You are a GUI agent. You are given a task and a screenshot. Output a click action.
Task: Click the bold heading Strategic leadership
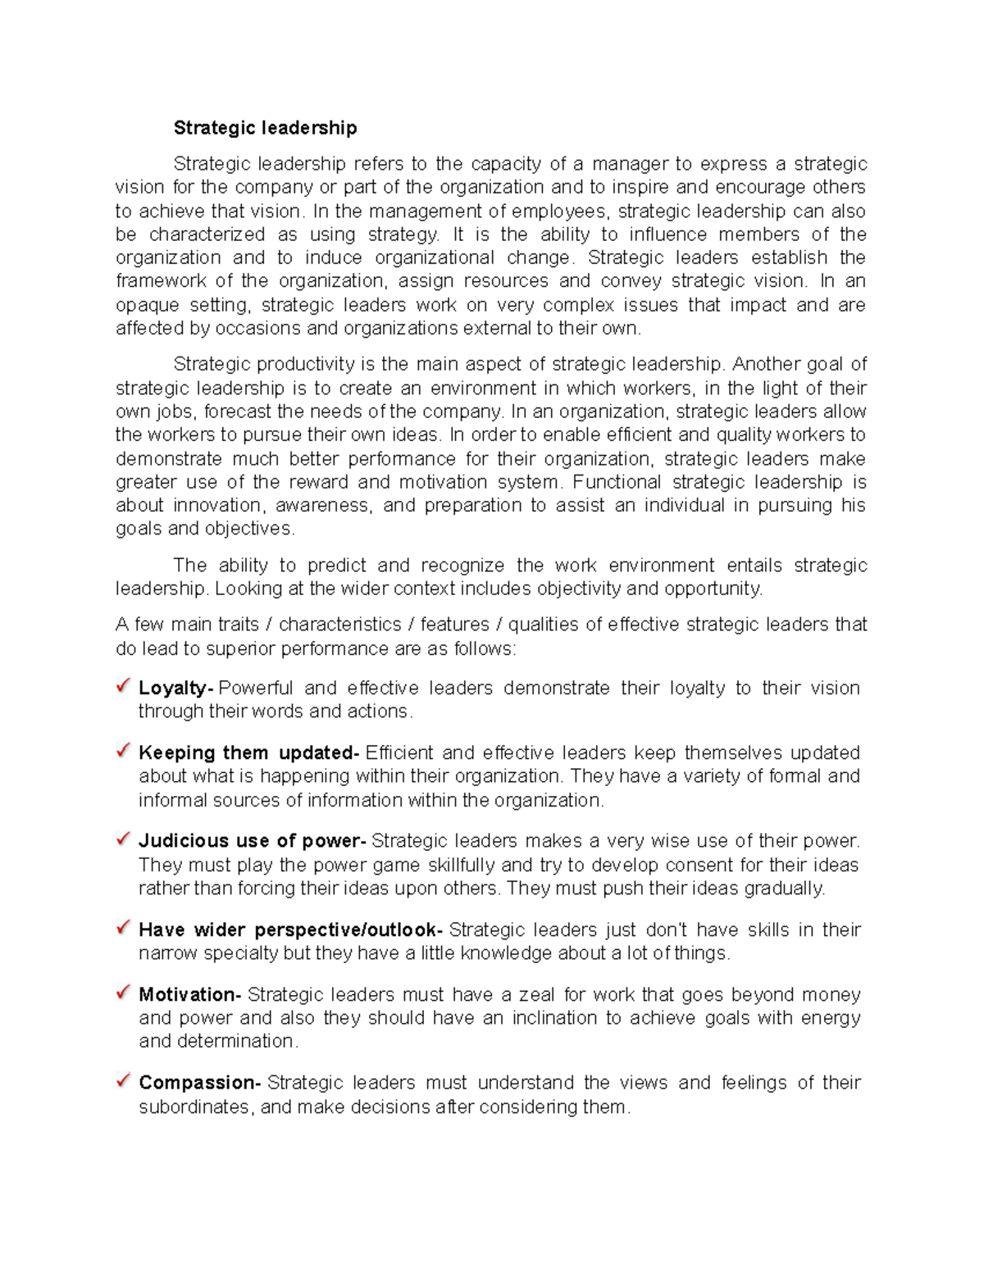pyautogui.click(x=265, y=128)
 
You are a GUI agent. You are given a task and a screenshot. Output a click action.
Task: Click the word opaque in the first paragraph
pyautogui.click(x=147, y=306)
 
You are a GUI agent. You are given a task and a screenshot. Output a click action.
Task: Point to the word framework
pyautogui.click(x=161, y=281)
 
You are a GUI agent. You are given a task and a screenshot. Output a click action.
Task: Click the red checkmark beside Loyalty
pyautogui.click(x=124, y=684)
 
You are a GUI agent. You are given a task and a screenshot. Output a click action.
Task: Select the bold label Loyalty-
pyautogui.click(x=176, y=688)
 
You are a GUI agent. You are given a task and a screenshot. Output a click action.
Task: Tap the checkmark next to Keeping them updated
pyautogui.click(x=124, y=749)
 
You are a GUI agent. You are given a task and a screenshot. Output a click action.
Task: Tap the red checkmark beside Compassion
pyautogui.click(x=124, y=1080)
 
